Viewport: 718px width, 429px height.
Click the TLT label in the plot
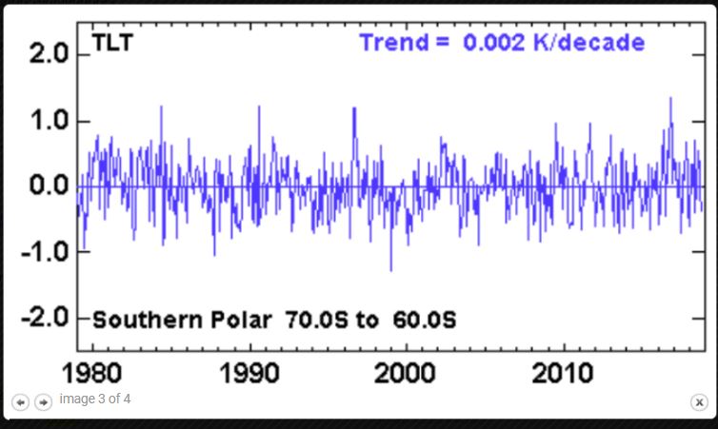111,43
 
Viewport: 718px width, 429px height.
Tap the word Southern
148,320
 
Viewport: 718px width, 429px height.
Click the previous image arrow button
21,402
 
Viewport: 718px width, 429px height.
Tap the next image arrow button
43,402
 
